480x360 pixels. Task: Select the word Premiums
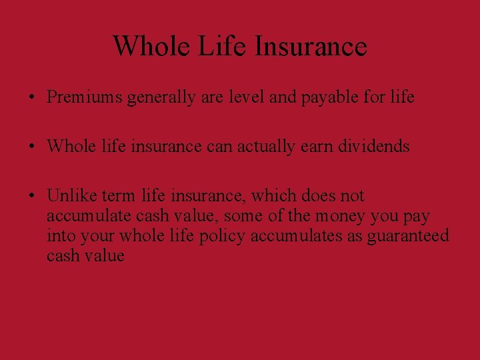(84, 97)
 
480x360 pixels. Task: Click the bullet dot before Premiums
(32, 98)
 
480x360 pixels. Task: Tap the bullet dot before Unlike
(32, 197)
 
